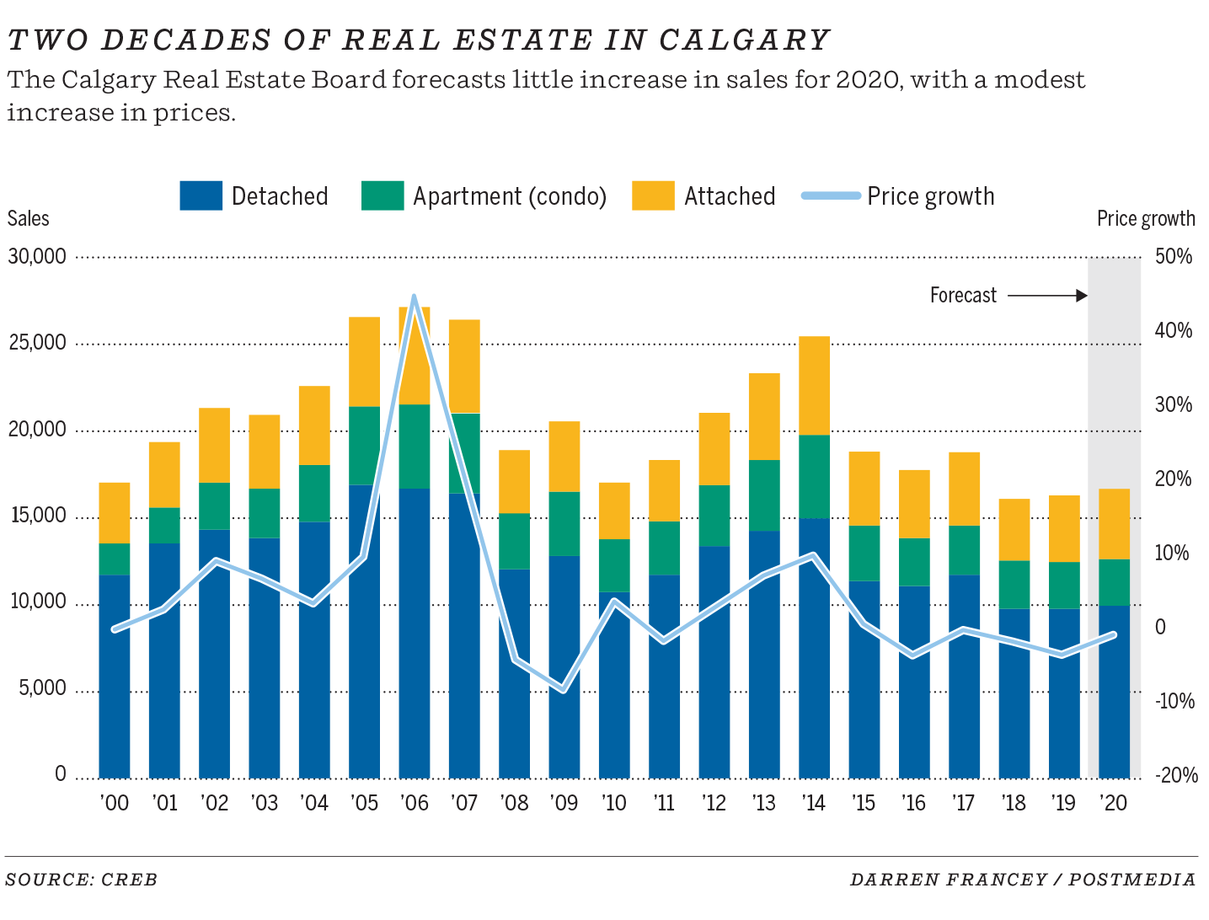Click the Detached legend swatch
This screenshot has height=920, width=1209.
point(201,195)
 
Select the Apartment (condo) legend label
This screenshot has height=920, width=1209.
point(509,196)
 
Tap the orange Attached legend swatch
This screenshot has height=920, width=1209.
point(653,195)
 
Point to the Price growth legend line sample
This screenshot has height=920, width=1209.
point(830,196)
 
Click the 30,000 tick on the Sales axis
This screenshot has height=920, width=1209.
point(37,256)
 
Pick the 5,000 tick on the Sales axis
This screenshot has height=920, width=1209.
point(38,688)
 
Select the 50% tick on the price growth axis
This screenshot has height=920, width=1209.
point(1173,256)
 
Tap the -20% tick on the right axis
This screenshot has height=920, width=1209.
point(1174,775)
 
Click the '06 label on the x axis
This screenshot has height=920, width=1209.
point(415,803)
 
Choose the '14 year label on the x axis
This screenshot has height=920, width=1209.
point(814,803)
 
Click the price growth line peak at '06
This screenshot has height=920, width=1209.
point(414,297)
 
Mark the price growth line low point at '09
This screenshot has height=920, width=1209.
point(564,690)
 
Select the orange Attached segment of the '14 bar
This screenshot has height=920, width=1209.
point(814,385)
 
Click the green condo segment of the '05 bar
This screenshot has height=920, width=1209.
point(364,446)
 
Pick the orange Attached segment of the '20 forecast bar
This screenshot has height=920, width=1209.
point(1114,523)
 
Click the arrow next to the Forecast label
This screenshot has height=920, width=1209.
point(1047,296)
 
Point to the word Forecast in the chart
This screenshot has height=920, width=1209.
point(962,296)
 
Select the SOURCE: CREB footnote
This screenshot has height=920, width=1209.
point(81,880)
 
